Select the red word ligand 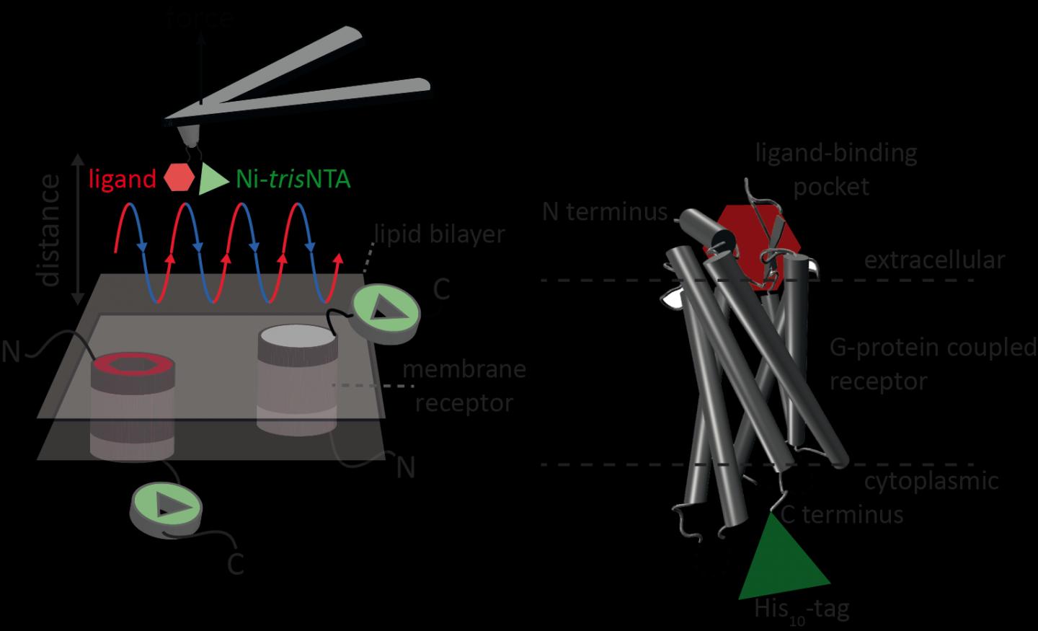pos(122,178)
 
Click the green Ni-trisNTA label pos(293,178)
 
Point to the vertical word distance pos(49,230)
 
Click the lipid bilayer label pos(440,234)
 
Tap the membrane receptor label pos(464,386)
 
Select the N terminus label pos(605,211)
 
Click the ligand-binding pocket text pos(835,169)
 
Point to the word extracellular pos(934,260)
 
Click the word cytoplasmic pos(931,480)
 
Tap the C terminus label pos(842,514)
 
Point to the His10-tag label pos(802,610)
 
